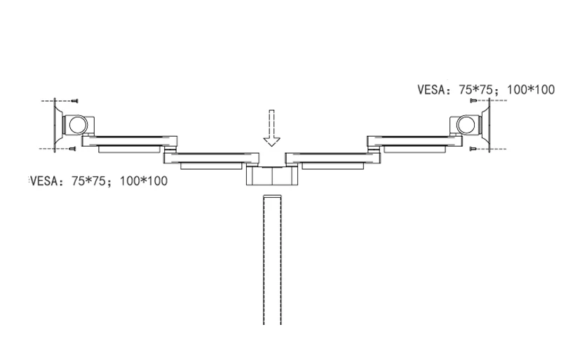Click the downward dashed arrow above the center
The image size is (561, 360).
[x=271, y=128]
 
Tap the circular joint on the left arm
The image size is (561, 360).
[x=79, y=125]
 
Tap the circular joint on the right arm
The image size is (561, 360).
[x=466, y=125]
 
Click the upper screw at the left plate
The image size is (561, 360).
[x=75, y=101]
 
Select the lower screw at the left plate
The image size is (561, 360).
[x=73, y=149]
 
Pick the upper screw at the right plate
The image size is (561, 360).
[x=473, y=100]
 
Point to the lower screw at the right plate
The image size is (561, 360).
[x=473, y=149]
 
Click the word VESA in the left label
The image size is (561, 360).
[x=43, y=181]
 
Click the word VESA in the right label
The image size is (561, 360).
[x=431, y=90]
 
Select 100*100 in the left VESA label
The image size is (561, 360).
[x=144, y=181]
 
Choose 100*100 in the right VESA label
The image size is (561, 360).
[x=531, y=90]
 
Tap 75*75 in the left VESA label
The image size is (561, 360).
[x=88, y=181]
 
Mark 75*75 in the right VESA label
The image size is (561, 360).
[x=476, y=90]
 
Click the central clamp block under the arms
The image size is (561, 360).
[x=272, y=176]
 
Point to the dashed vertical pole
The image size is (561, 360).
[x=272, y=260]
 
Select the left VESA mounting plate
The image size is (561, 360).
[x=58, y=125]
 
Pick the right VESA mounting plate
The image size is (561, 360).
[x=487, y=125]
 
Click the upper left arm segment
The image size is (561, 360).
[x=130, y=141]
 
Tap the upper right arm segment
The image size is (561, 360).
[x=414, y=141]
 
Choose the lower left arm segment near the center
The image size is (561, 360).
[x=212, y=158]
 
